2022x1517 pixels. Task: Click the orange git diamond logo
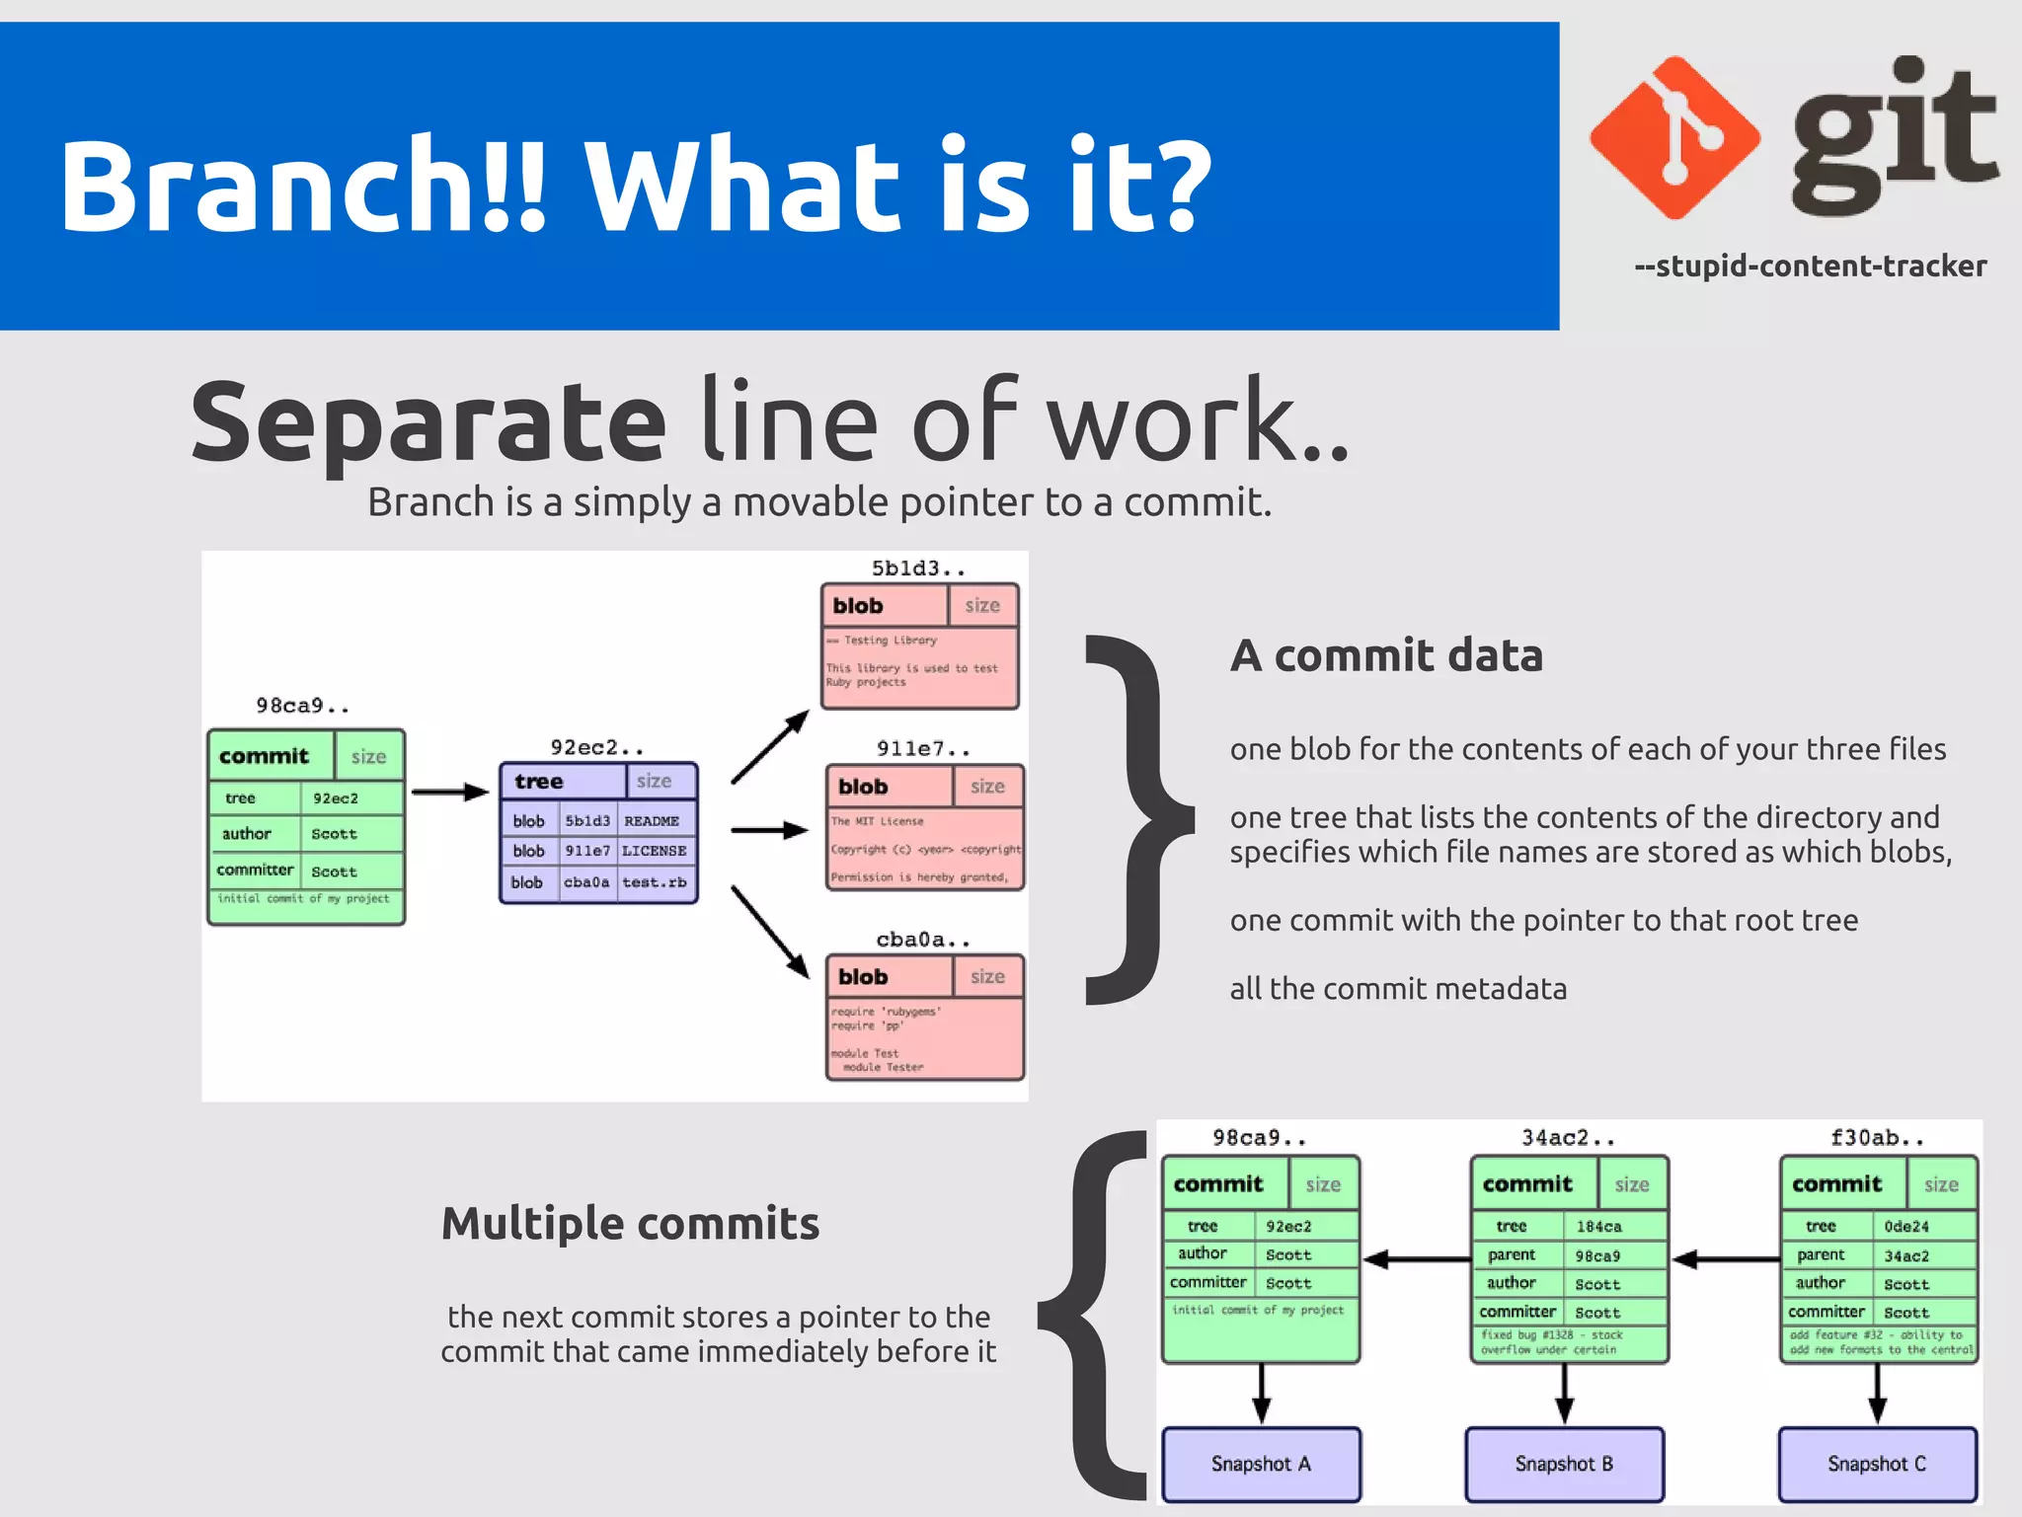(x=1675, y=138)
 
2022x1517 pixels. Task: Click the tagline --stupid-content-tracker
(x=1810, y=266)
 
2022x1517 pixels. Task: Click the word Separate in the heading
(x=428, y=422)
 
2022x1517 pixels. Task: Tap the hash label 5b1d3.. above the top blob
(x=917, y=569)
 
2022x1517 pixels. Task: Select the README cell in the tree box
(x=652, y=821)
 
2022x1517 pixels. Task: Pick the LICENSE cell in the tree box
(x=654, y=851)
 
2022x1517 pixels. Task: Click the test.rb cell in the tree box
(x=654, y=882)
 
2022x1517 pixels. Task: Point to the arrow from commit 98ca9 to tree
(x=450, y=792)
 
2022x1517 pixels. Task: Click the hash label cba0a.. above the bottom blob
(x=922, y=940)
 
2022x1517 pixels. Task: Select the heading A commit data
(x=1386, y=655)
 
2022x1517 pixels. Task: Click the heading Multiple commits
(x=630, y=1224)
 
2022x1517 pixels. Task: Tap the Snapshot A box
(x=1261, y=1464)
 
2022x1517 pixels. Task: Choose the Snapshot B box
(x=1564, y=1464)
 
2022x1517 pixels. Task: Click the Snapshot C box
(x=1876, y=1464)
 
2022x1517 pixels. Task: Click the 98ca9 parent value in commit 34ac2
(x=1597, y=1256)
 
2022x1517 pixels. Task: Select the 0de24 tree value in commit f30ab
(x=1905, y=1227)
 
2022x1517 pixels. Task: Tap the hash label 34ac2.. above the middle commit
(x=1567, y=1138)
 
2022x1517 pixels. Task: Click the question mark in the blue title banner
(x=1172, y=185)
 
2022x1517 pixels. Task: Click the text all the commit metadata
(x=1398, y=989)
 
